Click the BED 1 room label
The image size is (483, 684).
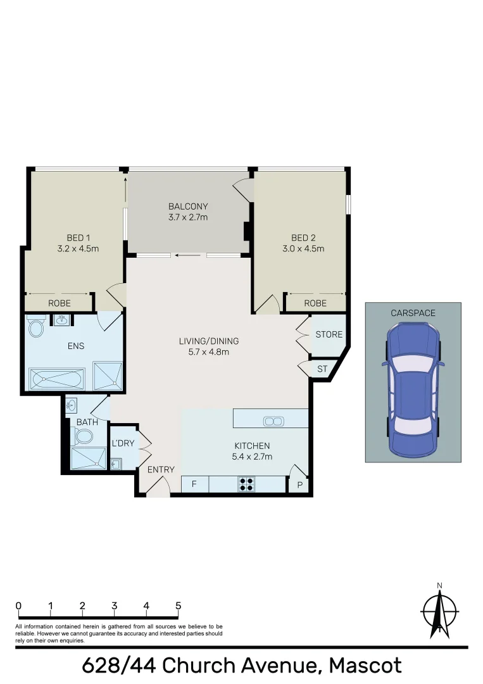point(78,238)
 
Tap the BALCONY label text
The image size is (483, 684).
point(188,206)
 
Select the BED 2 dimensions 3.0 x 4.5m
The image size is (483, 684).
point(303,249)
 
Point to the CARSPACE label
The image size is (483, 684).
point(413,313)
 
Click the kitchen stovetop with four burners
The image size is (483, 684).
point(247,484)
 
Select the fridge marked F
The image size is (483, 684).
point(195,484)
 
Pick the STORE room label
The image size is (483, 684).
point(329,334)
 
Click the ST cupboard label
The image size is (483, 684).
point(322,369)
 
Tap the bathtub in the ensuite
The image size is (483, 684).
point(58,380)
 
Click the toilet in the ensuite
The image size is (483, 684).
point(36,327)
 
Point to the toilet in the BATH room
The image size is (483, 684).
point(82,436)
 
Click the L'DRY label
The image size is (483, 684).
point(123,443)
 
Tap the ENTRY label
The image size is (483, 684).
point(161,469)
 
